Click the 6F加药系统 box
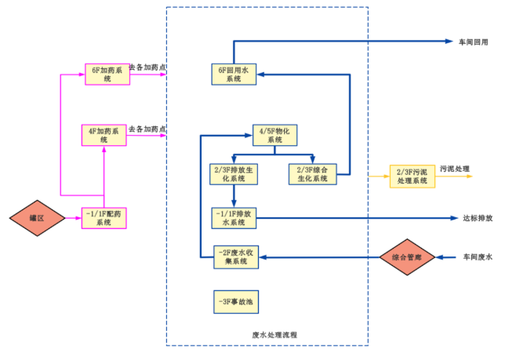pos(107,74)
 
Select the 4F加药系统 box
pos(104,135)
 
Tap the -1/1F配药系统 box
pos(104,217)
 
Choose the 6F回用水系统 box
pos(235,75)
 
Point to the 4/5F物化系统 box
pos(274,135)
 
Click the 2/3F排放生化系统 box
pos(235,173)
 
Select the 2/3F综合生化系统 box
pos(313,173)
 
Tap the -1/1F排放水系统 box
pos(235,217)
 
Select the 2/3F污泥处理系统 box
pos(413,176)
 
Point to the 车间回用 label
pos(474,42)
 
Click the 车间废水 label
pos(477,256)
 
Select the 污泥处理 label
pos(454,169)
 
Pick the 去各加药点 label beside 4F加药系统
pos(147,129)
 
